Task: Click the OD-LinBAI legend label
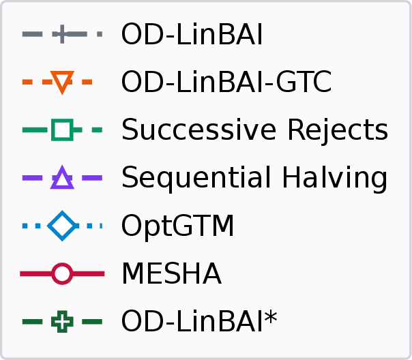(192, 34)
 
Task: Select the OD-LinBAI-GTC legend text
(226, 82)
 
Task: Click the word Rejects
(338, 130)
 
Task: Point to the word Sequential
(196, 178)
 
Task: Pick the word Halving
(334, 178)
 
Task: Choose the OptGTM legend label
(177, 226)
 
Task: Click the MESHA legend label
(172, 273)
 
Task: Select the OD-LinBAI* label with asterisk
(199, 321)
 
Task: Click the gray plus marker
(62, 34)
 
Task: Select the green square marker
(62, 130)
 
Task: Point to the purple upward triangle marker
(62, 177)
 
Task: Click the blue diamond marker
(62, 226)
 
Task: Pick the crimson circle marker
(62, 273)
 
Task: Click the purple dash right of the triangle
(92, 178)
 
